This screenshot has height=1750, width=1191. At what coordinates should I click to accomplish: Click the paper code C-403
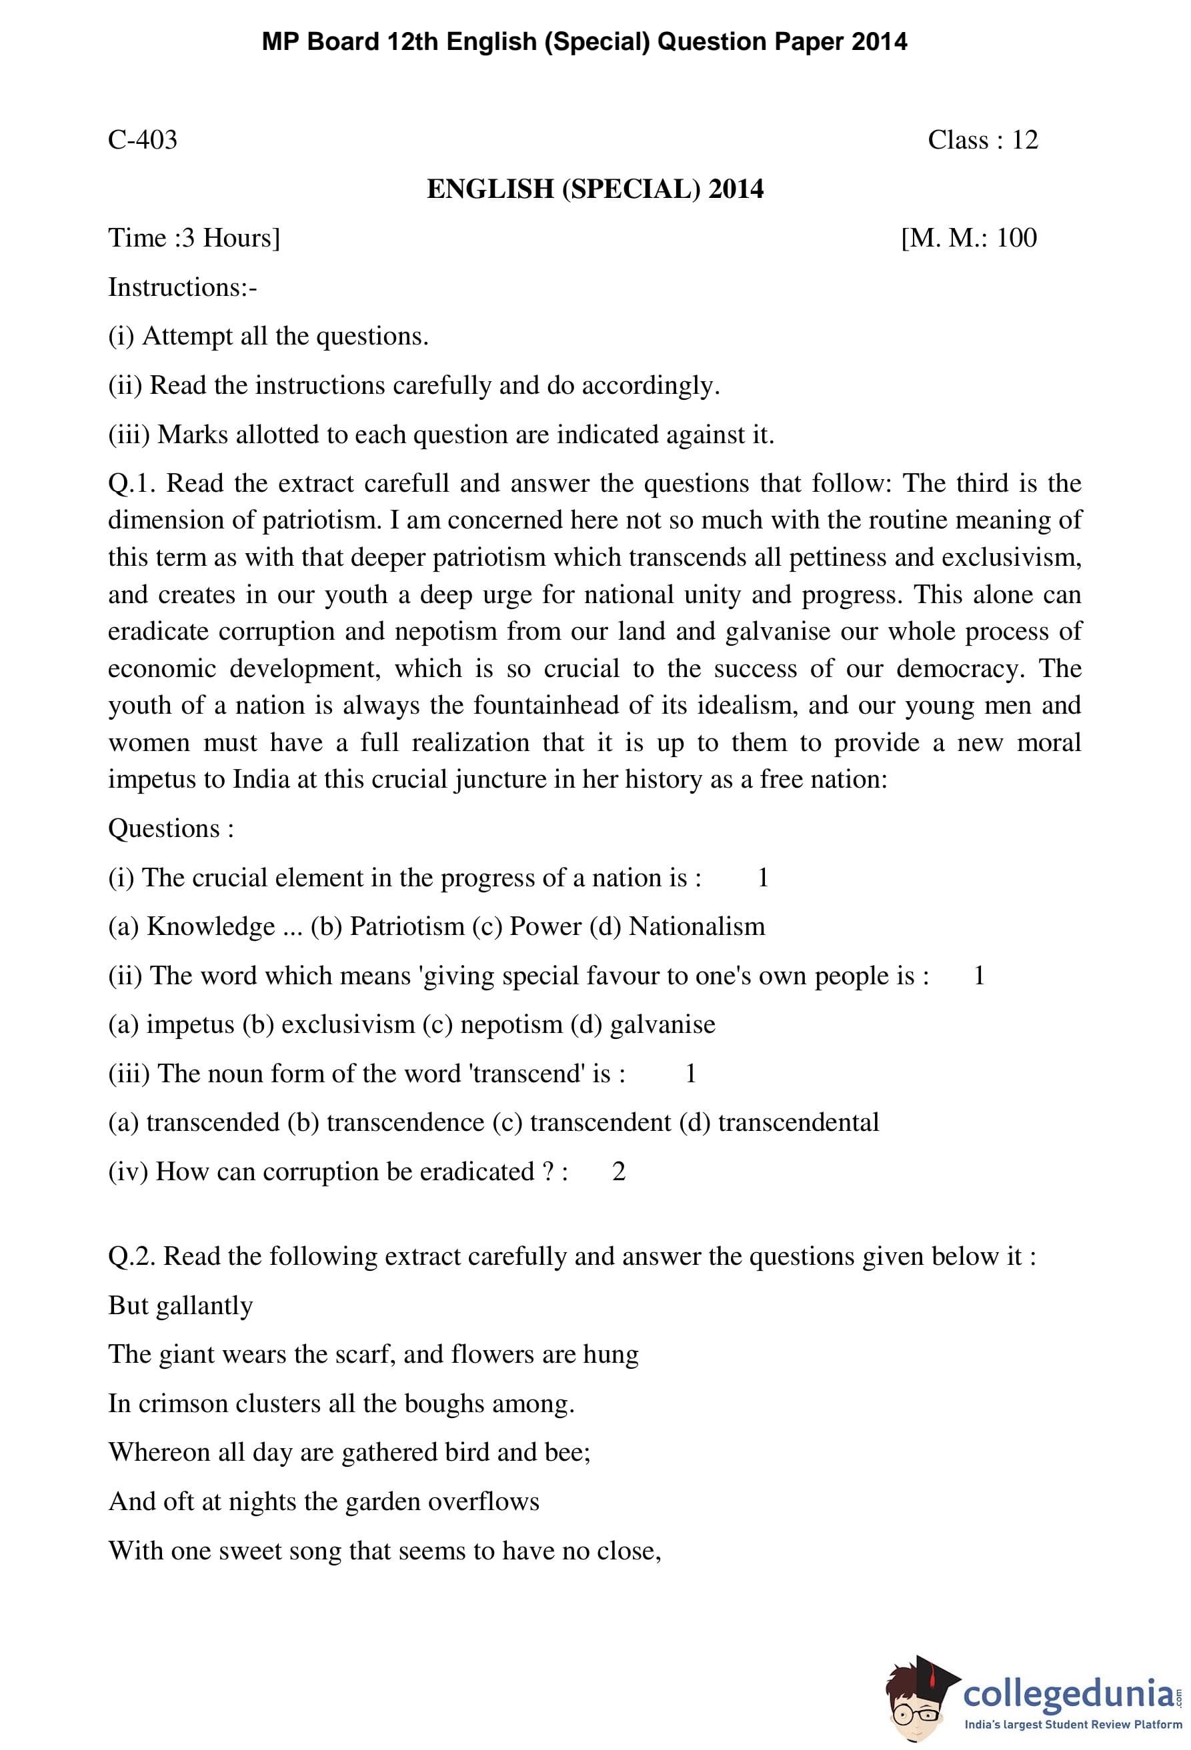[x=143, y=140]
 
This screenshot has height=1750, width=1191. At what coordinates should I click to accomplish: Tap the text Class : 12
[x=982, y=140]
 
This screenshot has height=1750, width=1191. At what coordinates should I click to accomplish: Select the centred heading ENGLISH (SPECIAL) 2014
[x=595, y=189]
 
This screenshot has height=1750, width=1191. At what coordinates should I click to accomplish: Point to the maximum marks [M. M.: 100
[x=969, y=238]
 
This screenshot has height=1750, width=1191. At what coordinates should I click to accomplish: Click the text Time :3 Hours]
[x=193, y=238]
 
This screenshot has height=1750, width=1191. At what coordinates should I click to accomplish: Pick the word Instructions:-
[x=182, y=287]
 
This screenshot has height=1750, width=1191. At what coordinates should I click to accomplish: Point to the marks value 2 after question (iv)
[x=618, y=1171]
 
